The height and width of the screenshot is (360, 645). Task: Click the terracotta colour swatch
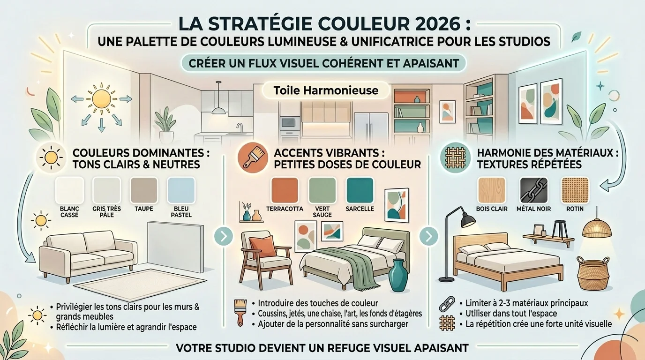coord(285,190)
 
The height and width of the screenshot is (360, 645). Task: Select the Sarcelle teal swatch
coord(360,190)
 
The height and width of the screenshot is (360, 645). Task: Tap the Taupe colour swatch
coord(144,190)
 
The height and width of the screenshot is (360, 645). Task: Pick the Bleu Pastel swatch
coord(181,190)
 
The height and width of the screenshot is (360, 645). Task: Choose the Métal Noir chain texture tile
coord(533,190)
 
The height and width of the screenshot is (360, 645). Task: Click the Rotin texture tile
coord(575,190)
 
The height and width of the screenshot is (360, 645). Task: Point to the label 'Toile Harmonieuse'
coord(326,90)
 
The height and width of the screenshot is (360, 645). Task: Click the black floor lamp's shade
coord(468,221)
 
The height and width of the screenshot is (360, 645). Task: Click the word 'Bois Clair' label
coord(492,209)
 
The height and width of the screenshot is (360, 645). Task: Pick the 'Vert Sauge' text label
coord(322,212)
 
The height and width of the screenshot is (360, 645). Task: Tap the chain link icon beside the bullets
coord(447,304)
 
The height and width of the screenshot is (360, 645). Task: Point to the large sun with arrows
coord(101,99)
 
